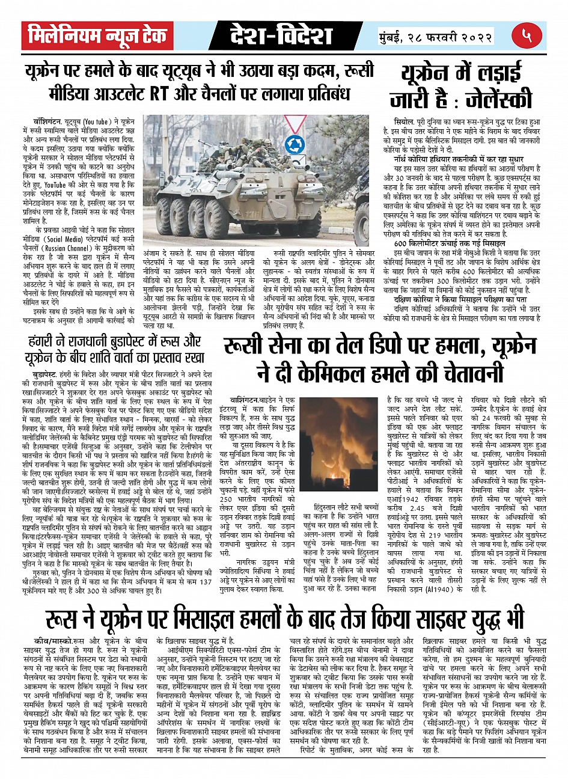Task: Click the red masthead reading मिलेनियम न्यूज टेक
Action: pos(97,37)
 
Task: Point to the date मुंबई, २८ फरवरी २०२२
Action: pos(436,36)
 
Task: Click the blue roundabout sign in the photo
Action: pos(295,144)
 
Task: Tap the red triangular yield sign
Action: pos(296,124)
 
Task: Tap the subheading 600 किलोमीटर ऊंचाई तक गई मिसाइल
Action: pos(449,244)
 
